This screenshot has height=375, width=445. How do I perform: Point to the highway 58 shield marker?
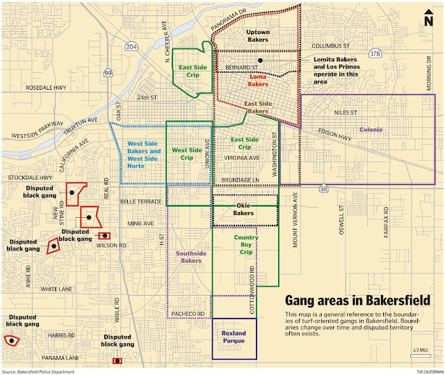coord(323,188)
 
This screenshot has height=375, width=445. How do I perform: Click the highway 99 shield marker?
coord(108,72)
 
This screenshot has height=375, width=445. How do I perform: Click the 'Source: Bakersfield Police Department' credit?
coord(38,372)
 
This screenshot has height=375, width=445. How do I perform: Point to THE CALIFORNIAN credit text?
coord(430,372)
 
